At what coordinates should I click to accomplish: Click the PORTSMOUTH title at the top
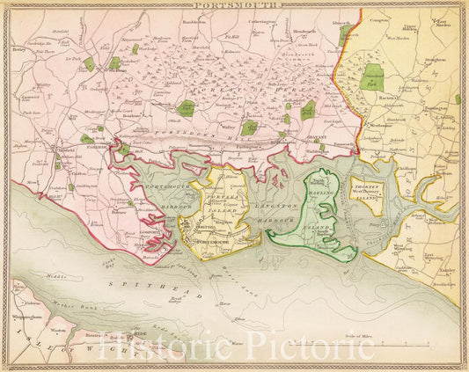(x=234, y=5)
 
